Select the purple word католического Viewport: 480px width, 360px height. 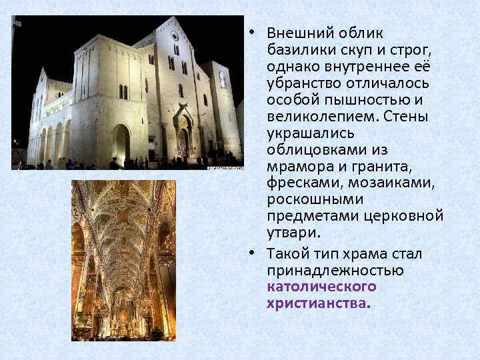[321, 287]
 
